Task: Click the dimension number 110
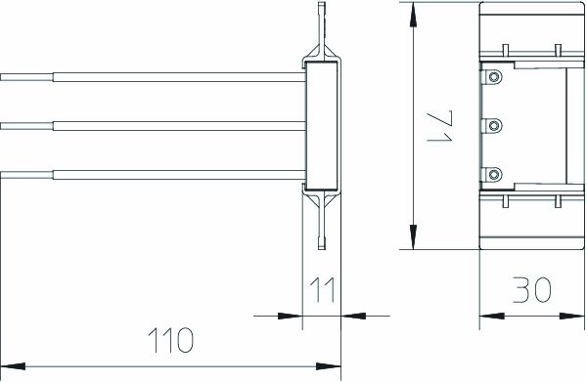[172, 340]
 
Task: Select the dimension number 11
[322, 290]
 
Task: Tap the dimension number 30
[530, 290]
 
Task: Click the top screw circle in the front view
[495, 76]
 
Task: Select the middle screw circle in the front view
[495, 125]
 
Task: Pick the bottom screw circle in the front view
[495, 174]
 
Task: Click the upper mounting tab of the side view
[322, 24]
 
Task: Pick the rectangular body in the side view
[322, 125]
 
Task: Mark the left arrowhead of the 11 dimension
[292, 316]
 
